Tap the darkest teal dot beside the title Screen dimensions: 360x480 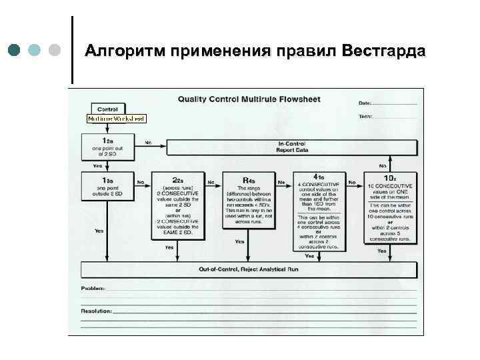point(15,51)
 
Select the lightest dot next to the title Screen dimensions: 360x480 point(56,51)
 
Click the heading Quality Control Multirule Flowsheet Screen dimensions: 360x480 point(249,100)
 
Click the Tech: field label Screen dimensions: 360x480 point(365,116)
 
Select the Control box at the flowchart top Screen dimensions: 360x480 point(107,109)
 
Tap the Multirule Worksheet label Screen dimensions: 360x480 point(117,119)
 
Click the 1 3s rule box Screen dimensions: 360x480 point(107,187)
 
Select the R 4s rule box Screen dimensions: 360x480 point(249,200)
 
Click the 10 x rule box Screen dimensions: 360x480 point(389,207)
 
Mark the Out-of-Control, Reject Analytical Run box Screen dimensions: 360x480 point(249,269)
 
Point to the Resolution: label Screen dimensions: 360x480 point(96,311)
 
